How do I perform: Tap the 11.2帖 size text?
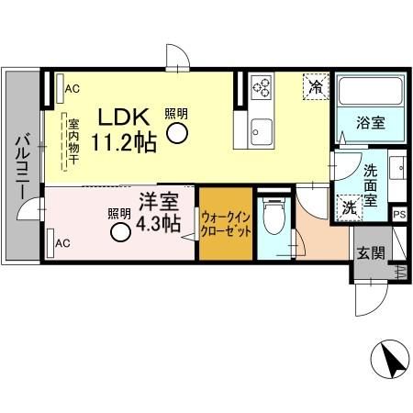point(125,141)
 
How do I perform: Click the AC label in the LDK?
point(71,89)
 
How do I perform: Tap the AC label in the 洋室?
point(62,243)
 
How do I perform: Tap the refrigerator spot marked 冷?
point(315,88)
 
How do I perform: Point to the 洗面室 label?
point(372,183)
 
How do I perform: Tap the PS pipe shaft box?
point(399,215)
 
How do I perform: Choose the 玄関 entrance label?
point(372,253)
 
